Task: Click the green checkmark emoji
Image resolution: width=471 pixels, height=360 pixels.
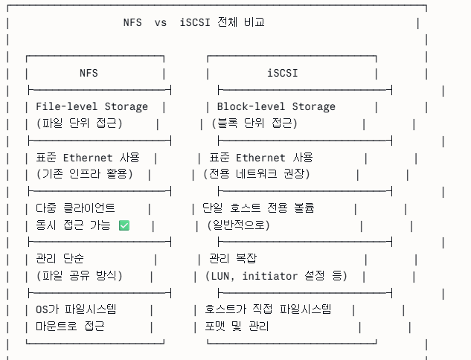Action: pyautogui.click(x=124, y=225)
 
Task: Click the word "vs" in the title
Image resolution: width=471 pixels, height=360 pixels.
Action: pyautogui.click(x=161, y=22)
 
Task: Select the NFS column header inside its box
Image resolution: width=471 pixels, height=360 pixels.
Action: pyautogui.click(x=89, y=73)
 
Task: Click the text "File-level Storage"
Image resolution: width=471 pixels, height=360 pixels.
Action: pyautogui.click(x=92, y=106)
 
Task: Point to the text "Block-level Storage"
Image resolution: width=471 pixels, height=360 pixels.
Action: pyautogui.click(x=276, y=106)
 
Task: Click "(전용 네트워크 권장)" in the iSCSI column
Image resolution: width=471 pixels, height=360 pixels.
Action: pyautogui.click(x=257, y=174)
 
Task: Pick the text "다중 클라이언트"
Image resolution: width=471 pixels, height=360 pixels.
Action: pyautogui.click(x=75, y=208)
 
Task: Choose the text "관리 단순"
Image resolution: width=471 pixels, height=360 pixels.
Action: pyautogui.click(x=60, y=259)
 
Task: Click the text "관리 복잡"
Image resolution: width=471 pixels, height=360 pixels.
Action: pyautogui.click(x=232, y=259)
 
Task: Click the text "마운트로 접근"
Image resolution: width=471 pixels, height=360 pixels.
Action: pyautogui.click(x=70, y=327)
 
